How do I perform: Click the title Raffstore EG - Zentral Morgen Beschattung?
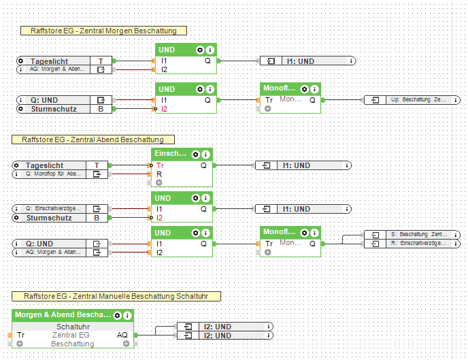coord(103,31)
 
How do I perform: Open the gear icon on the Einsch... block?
coord(196,154)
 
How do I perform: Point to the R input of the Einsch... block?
coord(159,174)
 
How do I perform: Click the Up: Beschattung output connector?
coord(412,100)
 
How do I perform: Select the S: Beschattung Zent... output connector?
coord(412,234)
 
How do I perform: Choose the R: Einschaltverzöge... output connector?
coord(412,243)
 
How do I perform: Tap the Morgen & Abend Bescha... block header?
coord(63,316)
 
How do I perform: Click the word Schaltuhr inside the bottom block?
coord(73,327)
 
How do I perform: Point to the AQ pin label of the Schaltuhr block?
coord(122,335)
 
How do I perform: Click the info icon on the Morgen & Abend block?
coord(128,316)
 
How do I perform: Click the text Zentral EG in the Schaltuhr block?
coord(71,335)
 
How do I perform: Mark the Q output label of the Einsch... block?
coord(203,165)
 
